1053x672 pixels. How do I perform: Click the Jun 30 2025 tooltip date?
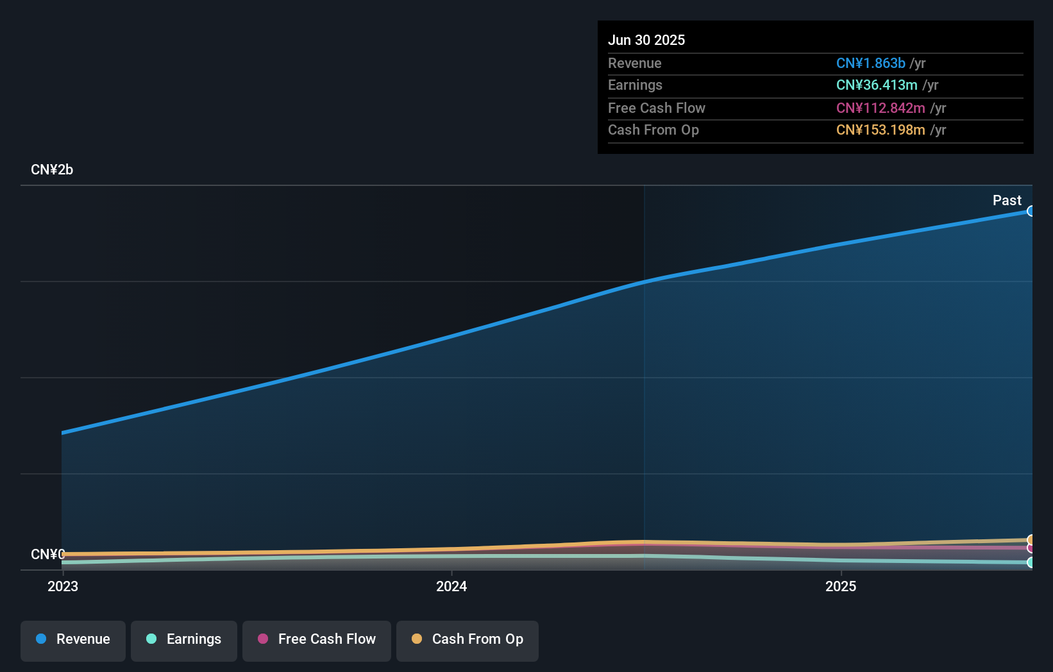646,40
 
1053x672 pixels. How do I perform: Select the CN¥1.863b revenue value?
870,63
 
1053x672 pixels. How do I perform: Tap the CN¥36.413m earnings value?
876,85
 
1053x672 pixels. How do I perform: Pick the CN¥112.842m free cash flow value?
880,108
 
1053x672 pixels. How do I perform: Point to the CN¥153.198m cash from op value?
880,130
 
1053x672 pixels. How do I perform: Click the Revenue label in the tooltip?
634,63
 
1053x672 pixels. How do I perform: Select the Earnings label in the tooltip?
635,85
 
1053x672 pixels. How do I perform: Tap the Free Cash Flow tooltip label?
656,108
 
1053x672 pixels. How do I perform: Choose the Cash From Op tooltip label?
653,130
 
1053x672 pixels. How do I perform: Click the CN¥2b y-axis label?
52,169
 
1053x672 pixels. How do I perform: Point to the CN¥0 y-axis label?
48,554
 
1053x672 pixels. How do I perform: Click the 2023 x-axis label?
63,586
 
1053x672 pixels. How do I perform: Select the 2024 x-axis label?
451,586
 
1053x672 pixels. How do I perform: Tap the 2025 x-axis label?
840,586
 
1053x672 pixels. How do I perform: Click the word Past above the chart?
1006,200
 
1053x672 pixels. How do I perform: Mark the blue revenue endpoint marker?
1031,211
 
